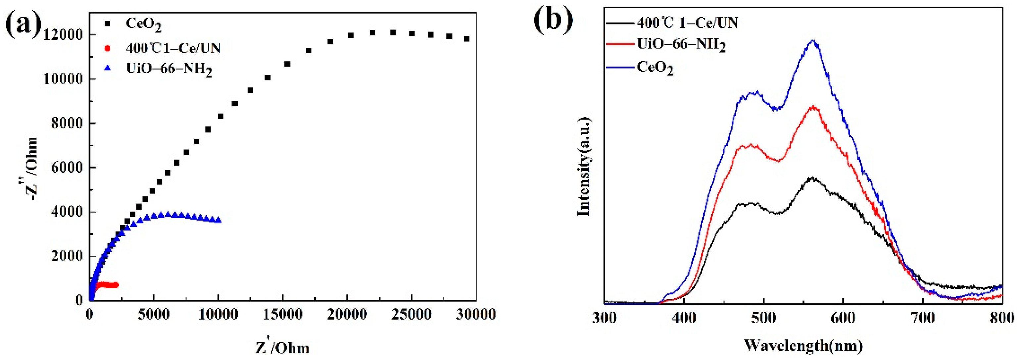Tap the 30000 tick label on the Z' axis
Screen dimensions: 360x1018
click(475, 315)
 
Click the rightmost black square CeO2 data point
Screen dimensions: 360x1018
click(467, 39)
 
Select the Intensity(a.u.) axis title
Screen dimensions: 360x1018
click(584, 166)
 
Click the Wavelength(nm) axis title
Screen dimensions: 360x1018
click(803, 345)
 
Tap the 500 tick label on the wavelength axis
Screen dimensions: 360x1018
click(763, 318)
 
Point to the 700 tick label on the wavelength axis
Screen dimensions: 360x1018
click(922, 318)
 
